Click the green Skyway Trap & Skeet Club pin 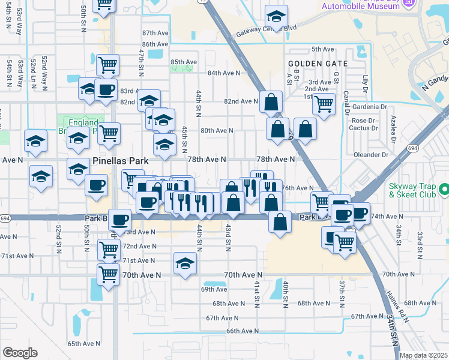pos(444,191)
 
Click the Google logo pos(20,353)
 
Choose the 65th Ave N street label pos(83,344)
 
